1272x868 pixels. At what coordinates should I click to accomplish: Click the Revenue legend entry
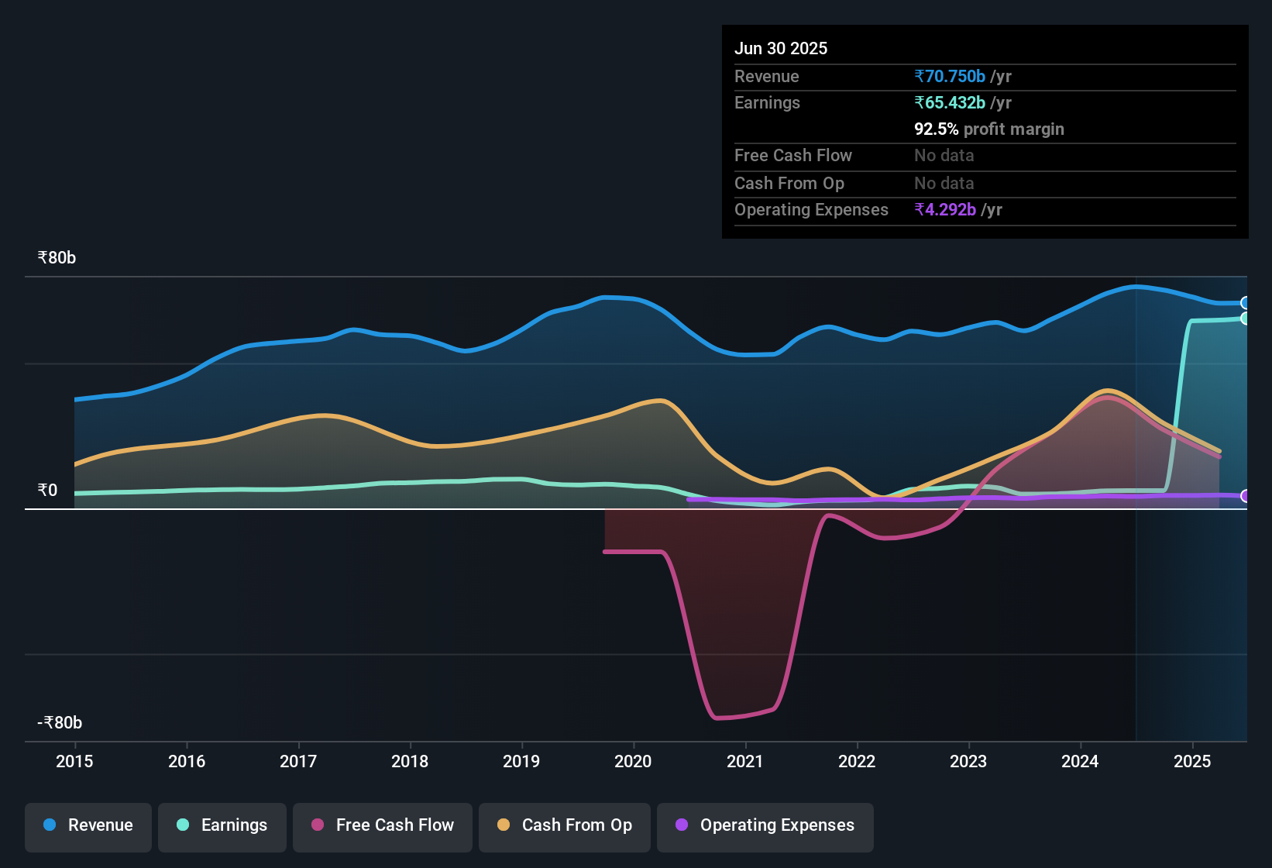coord(88,825)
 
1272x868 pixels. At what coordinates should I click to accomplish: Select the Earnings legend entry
coord(222,825)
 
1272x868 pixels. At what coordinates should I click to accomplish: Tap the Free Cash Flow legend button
coord(383,825)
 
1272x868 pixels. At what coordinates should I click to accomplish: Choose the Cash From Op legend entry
coord(565,825)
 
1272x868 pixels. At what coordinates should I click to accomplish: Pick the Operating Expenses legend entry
coord(765,825)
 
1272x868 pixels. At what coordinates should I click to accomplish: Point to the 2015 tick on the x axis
coord(74,761)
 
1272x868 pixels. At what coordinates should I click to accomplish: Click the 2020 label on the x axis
coord(633,761)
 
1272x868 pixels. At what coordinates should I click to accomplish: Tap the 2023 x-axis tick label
coord(968,761)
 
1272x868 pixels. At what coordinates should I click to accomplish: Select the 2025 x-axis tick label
coord(1191,761)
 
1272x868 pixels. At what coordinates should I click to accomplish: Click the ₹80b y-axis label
coord(57,258)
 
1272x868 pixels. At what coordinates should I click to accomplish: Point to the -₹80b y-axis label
coord(60,723)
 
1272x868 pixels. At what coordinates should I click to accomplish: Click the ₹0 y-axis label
coord(47,491)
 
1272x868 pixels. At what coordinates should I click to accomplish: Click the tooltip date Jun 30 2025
coord(781,48)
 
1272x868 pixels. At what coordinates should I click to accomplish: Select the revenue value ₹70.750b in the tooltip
coord(951,76)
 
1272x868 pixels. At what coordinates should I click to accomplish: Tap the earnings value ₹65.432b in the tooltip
coord(951,102)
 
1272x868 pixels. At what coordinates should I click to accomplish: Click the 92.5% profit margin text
coord(988,129)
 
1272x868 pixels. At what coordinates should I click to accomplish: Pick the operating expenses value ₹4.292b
coord(945,209)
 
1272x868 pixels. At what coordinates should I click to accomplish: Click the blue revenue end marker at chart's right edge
coord(1244,303)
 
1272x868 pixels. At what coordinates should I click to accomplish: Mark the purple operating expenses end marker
coord(1244,496)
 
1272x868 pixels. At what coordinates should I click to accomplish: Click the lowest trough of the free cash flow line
coord(717,718)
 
